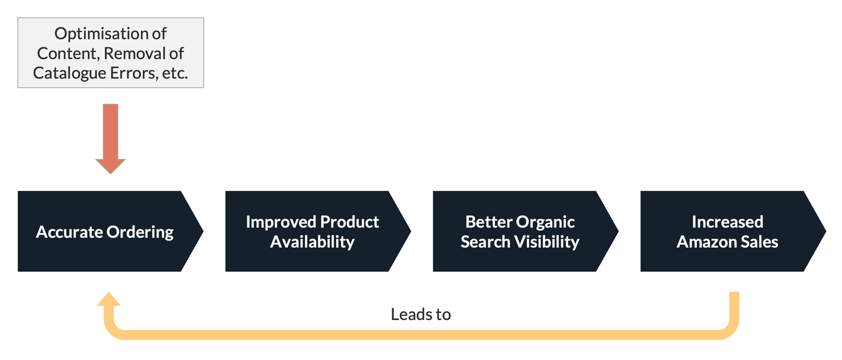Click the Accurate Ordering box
[107, 231]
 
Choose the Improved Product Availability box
[314, 231]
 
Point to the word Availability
[313, 241]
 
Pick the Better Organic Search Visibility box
[522, 231]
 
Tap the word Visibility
[548, 241]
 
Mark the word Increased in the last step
[727, 222]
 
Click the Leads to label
[421, 314]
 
